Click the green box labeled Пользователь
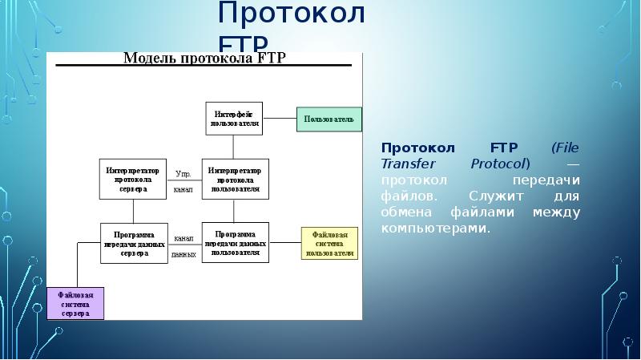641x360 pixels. (x=329, y=119)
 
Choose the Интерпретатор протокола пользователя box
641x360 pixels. (x=235, y=179)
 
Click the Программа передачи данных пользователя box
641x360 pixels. (x=235, y=243)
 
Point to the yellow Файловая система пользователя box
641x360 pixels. (x=329, y=243)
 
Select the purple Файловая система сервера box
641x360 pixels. (x=75, y=303)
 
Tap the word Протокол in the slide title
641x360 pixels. (x=292, y=14)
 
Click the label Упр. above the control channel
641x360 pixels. (x=183, y=172)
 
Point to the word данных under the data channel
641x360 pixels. (x=183, y=254)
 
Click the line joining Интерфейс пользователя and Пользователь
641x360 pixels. (x=280, y=119)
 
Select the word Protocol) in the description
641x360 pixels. (x=501, y=164)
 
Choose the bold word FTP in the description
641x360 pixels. (x=502, y=148)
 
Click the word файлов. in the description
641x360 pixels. (x=409, y=196)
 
